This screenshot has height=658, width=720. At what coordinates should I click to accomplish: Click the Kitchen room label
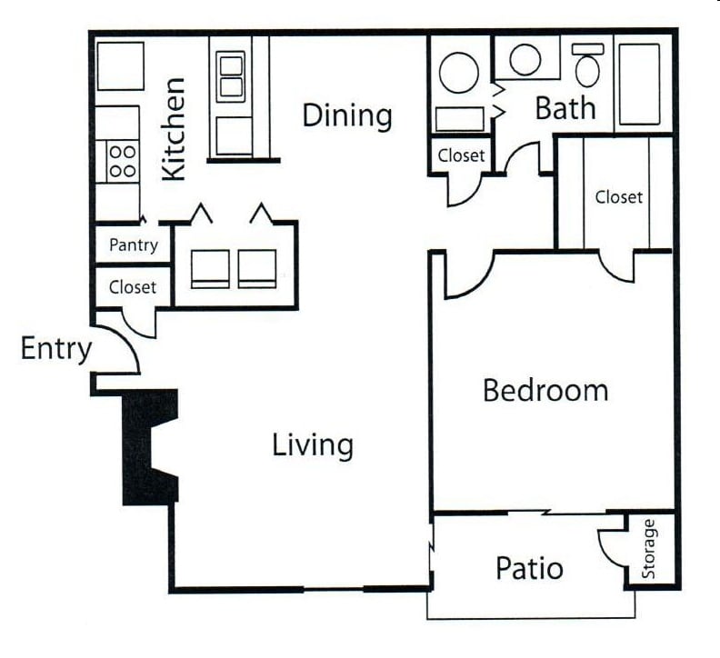tap(173, 128)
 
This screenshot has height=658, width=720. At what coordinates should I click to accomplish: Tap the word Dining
tap(347, 115)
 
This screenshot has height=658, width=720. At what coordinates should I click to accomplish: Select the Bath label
tap(565, 108)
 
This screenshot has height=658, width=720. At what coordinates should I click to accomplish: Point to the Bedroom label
tap(545, 391)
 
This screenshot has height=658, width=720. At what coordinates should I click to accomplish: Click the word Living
tap(312, 445)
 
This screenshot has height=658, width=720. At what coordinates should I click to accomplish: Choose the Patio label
tap(529, 569)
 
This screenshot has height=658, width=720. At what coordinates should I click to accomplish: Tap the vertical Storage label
tap(649, 549)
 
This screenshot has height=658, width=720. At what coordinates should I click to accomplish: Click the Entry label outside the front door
tap(55, 348)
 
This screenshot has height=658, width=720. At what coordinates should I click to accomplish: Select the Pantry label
tap(134, 244)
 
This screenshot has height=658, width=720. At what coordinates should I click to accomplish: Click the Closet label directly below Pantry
tap(133, 287)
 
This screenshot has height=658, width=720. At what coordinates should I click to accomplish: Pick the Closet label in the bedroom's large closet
tap(619, 196)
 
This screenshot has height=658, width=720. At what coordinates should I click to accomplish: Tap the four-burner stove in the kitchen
tap(122, 162)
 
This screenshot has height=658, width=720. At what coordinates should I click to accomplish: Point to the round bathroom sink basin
tap(525, 60)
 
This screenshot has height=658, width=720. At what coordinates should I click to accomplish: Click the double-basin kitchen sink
tap(231, 76)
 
